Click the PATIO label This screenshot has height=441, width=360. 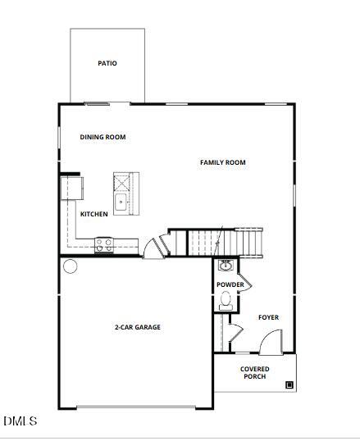pos(107,63)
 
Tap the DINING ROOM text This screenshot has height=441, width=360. pos(103,137)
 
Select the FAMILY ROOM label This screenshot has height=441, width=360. pos(223,162)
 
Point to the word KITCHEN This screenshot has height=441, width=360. pos(94,214)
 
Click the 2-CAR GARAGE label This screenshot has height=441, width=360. pos(137,327)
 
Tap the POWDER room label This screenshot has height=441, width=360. pos(230,284)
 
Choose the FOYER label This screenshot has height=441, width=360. pos(269,317)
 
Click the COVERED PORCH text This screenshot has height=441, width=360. pos(255,373)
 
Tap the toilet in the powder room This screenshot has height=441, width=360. pos(226,302)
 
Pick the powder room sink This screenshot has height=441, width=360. pos(226,266)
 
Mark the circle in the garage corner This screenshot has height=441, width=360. pos(70,266)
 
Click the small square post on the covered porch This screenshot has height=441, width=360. pos(289,384)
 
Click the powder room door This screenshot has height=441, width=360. pos(244,281)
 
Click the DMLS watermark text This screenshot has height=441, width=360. pos(20,421)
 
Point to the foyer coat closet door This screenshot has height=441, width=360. pos(235,332)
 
